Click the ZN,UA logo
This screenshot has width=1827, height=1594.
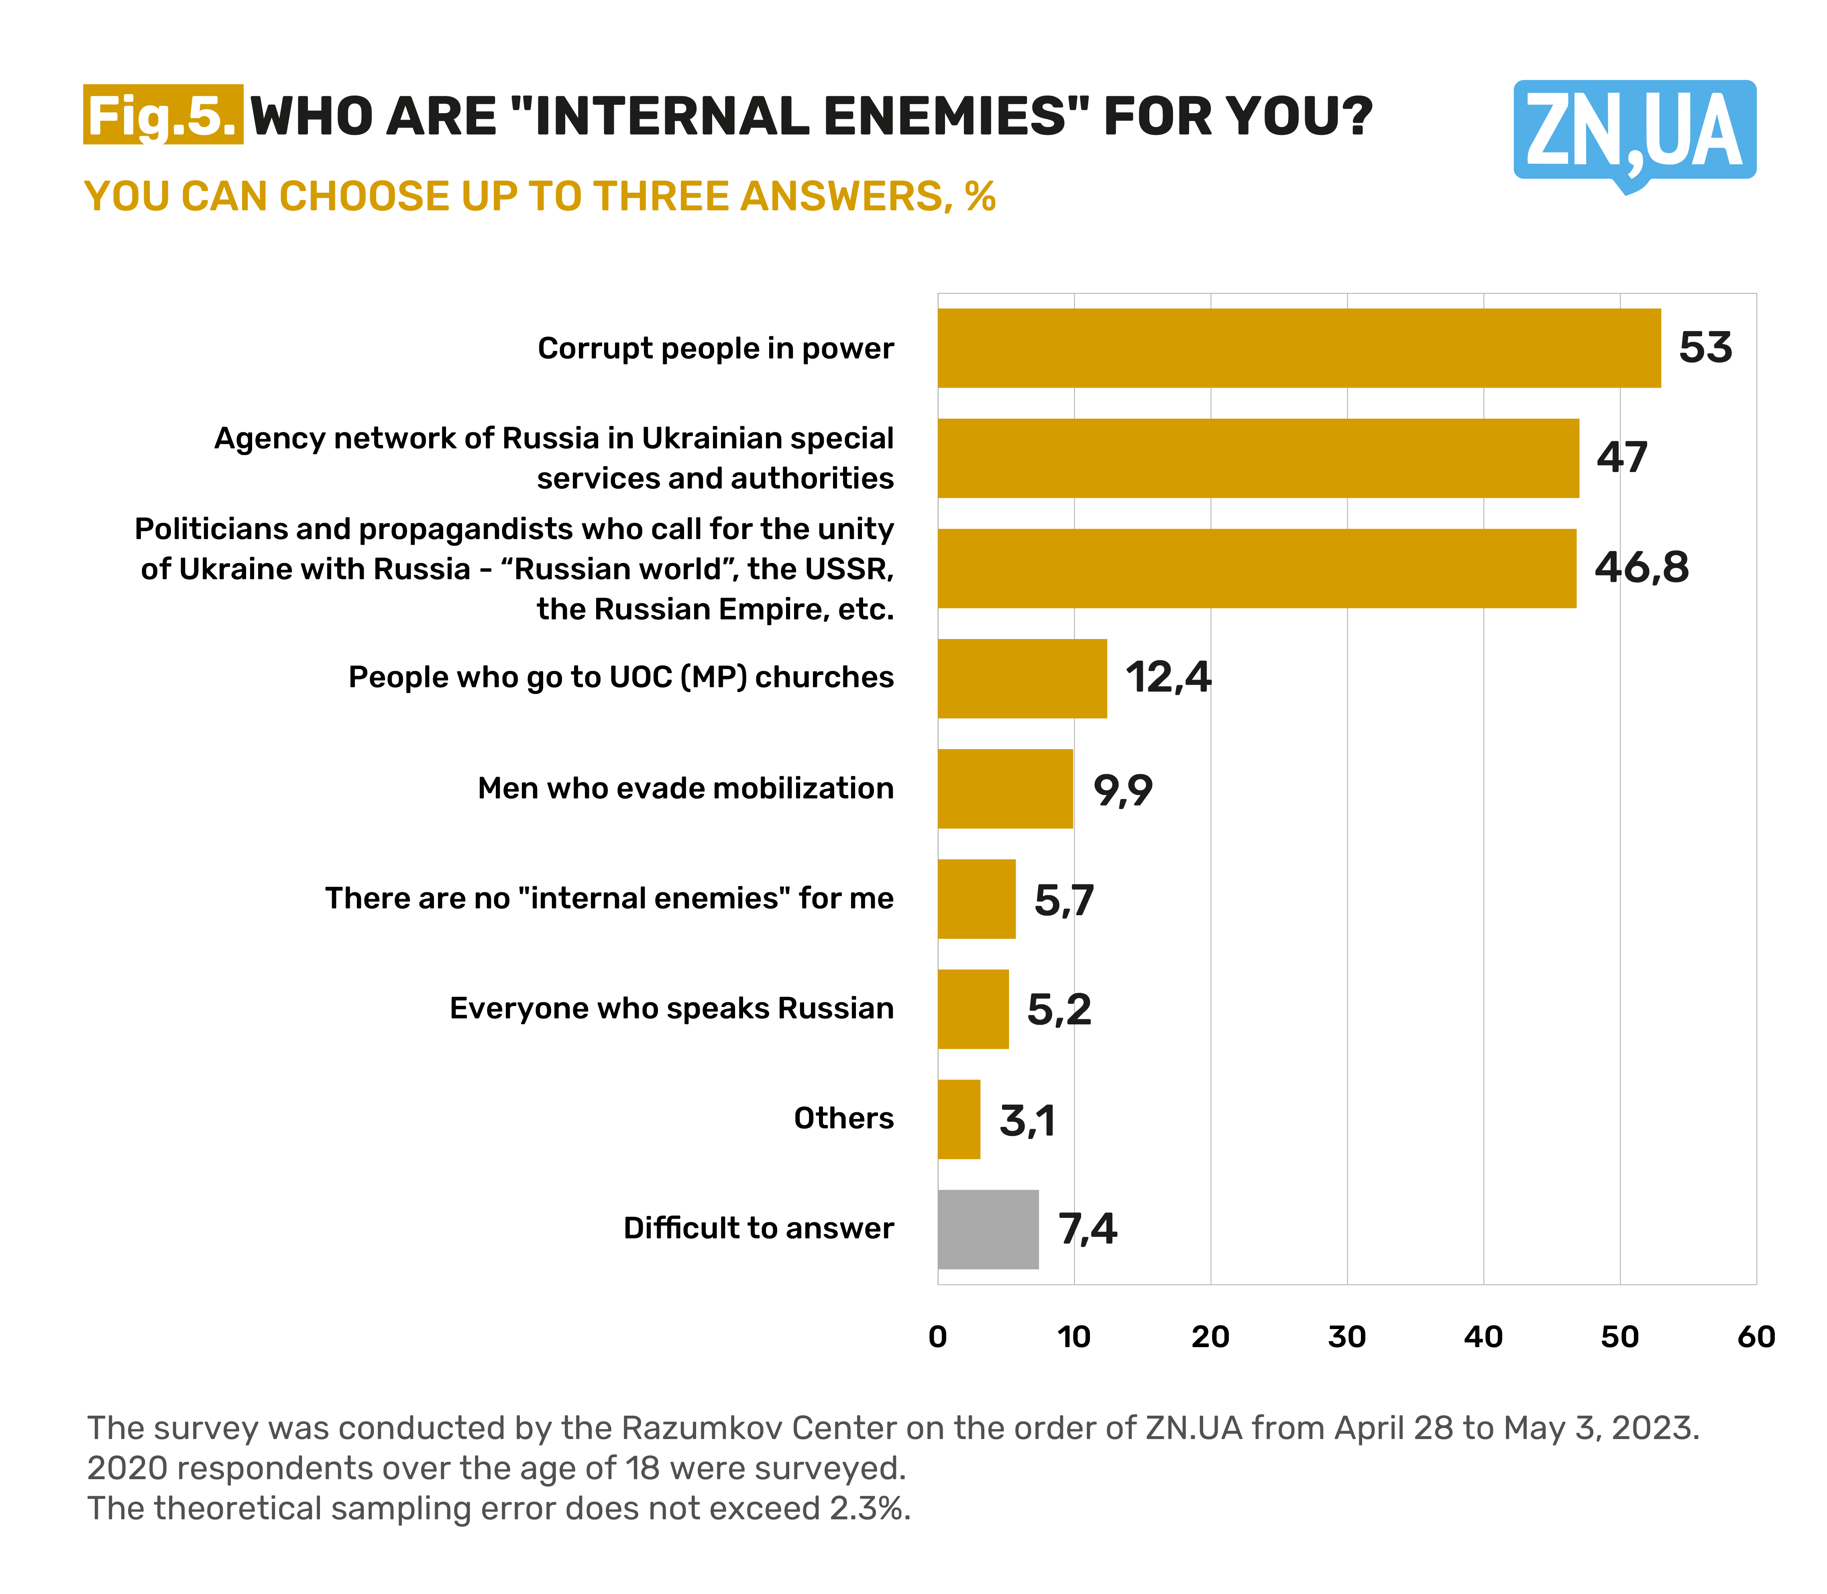1634,132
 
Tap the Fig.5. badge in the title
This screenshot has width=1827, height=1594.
163,116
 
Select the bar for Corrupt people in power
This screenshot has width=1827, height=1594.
1299,348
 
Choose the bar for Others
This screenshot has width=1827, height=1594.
959,1119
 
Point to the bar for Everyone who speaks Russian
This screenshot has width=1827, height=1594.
973,1009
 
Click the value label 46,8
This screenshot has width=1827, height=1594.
1641,568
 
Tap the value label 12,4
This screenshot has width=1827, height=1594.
1168,678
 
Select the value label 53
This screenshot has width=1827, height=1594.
1705,348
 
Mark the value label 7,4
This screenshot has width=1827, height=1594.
1087,1229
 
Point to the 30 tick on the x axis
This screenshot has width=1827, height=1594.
1347,1337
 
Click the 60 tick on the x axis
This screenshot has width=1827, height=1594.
1756,1337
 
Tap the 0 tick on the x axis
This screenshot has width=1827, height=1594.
937,1337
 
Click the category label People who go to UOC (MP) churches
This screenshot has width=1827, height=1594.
621,678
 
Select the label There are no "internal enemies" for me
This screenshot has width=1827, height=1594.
609,898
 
